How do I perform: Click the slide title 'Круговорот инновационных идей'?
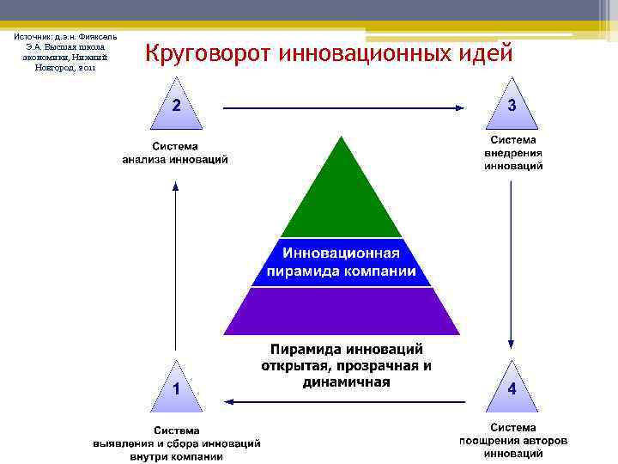click(x=330, y=54)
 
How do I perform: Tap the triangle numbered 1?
click(x=176, y=384)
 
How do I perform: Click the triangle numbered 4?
click(x=512, y=384)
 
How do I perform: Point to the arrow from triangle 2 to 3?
click(x=343, y=108)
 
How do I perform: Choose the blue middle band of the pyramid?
click(x=342, y=262)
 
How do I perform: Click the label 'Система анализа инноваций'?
click(x=176, y=152)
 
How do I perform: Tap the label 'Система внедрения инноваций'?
click(x=513, y=152)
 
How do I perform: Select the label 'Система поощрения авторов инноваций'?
click(x=513, y=441)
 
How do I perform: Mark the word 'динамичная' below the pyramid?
click(x=347, y=382)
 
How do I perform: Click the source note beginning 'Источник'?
click(x=65, y=52)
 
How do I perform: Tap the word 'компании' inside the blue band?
click(x=377, y=272)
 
